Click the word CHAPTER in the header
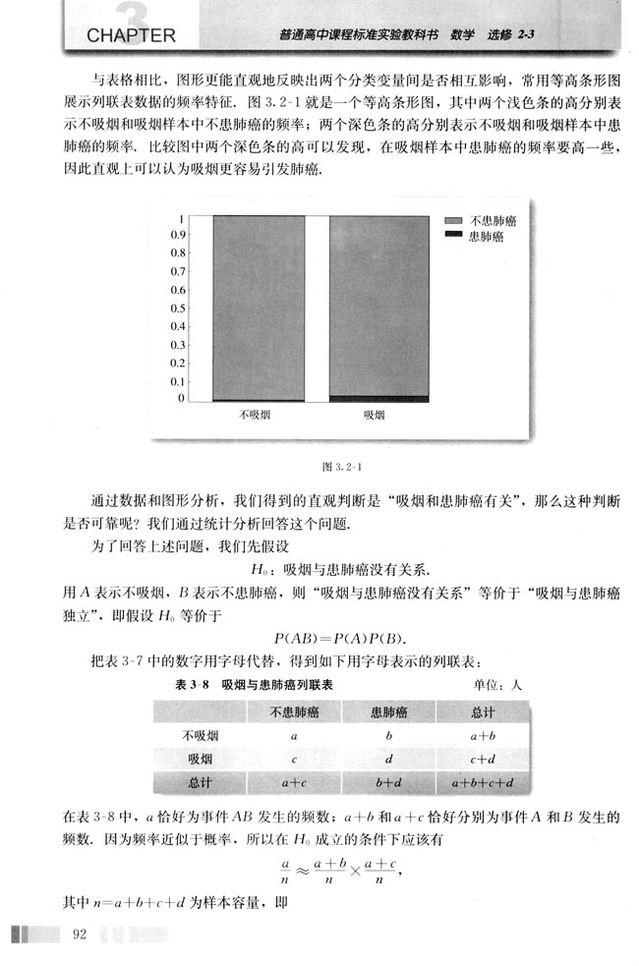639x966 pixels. click(x=131, y=37)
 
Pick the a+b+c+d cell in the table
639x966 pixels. click(x=483, y=783)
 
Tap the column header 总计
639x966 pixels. click(x=483, y=711)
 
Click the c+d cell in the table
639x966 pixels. click(x=483, y=758)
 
